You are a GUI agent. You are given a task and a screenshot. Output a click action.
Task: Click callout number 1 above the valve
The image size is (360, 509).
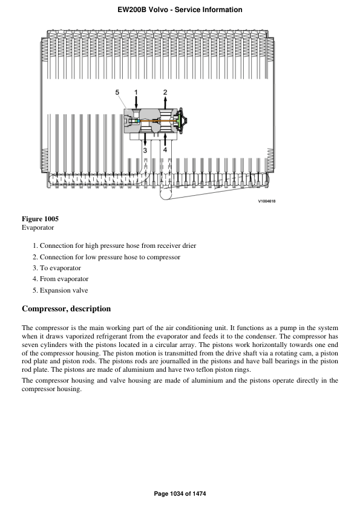[x=137, y=92]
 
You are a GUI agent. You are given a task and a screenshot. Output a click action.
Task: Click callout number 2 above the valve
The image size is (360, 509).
[x=165, y=92]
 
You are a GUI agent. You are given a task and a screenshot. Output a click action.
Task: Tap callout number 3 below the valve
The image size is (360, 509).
[x=145, y=149]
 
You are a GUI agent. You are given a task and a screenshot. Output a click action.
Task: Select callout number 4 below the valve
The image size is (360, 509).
[x=165, y=149]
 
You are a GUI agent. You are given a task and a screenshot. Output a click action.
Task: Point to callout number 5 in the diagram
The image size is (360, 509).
[x=117, y=92]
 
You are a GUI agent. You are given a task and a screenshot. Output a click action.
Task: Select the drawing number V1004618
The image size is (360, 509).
[x=267, y=201]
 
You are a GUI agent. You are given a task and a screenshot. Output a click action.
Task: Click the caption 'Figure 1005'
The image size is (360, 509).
[x=40, y=218]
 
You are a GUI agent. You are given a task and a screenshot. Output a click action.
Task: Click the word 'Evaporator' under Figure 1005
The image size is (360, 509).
[x=38, y=228]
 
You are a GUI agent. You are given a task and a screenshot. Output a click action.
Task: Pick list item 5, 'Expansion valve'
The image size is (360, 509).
[x=64, y=290]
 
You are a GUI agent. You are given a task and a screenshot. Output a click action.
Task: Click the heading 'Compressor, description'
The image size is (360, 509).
[x=66, y=309]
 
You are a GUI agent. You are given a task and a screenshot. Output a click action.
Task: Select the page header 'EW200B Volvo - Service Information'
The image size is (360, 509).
[x=180, y=10]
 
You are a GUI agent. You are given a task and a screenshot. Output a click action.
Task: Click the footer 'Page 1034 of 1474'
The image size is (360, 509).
[x=180, y=494]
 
